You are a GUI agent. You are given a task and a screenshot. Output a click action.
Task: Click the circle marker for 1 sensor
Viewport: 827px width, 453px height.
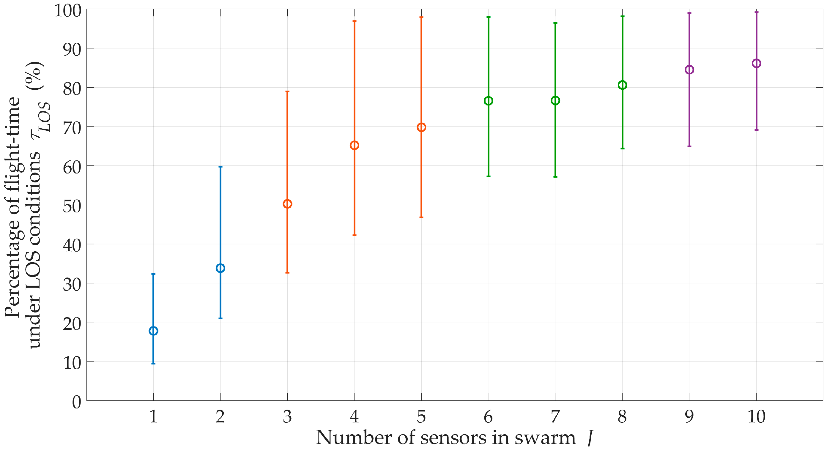point(153,331)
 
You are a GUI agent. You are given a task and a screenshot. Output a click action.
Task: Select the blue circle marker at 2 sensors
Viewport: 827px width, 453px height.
point(220,268)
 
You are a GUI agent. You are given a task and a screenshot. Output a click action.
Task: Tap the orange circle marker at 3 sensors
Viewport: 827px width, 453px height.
point(287,204)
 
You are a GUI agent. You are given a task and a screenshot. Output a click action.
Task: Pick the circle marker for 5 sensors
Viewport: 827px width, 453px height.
point(421,127)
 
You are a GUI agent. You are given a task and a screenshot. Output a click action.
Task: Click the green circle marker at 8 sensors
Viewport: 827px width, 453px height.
point(622,85)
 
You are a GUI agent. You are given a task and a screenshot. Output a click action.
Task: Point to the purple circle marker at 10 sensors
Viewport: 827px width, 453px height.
point(756,64)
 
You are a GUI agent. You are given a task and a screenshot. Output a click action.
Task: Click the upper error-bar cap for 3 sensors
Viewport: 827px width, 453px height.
point(287,91)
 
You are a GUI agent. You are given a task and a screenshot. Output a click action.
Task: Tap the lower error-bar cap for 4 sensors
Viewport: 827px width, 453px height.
point(355,235)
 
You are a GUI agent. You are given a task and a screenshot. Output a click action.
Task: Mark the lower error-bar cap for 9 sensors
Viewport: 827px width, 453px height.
point(689,146)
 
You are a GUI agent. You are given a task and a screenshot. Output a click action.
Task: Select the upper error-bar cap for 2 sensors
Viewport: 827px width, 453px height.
point(220,167)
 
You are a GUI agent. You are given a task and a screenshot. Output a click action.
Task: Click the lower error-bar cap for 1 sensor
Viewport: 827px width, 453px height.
point(153,364)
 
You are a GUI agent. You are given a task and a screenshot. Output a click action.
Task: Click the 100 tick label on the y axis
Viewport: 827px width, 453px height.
point(68,11)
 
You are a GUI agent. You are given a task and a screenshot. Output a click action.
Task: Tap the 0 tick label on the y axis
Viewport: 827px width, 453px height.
point(77,402)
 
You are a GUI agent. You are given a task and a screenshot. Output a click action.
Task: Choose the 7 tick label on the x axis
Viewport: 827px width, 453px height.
point(555,416)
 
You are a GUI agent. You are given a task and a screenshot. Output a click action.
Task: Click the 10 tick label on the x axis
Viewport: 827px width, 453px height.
point(756,416)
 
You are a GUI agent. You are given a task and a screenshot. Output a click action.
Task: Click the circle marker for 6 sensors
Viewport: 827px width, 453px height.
point(488,101)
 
